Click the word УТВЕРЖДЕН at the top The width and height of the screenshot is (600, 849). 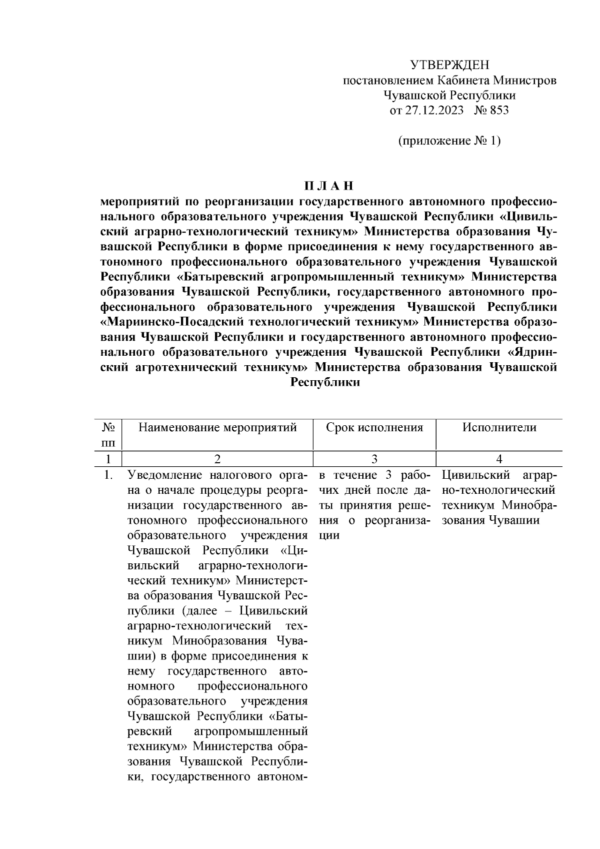pos(449,65)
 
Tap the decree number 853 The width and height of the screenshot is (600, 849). pos(498,110)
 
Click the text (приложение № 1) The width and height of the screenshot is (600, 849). pos(449,141)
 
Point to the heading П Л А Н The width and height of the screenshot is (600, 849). pos(329,186)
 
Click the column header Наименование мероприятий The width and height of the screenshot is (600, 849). pos(217,428)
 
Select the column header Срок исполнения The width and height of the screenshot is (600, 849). pos(374,428)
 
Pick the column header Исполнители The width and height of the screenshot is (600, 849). pos(499,428)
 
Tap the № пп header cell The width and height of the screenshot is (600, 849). pos(109,435)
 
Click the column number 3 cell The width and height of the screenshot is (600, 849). pos(374,459)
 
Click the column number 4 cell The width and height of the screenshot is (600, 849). pos(499,459)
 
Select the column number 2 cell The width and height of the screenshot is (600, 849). pos(217,459)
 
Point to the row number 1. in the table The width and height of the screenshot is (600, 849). pos(108,475)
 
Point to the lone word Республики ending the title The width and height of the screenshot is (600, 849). pos(325,382)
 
